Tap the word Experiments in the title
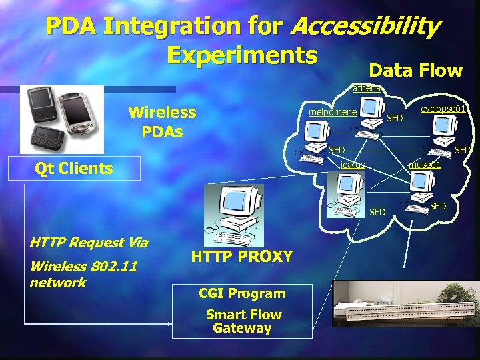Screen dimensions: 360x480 (x=242, y=55)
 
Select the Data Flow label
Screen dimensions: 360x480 (x=415, y=71)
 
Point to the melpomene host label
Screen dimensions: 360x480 (x=332, y=112)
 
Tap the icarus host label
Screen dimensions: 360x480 (x=353, y=165)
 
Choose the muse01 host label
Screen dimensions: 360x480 (x=425, y=165)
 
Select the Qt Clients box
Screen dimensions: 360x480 (x=74, y=168)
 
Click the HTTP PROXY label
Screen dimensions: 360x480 (x=241, y=257)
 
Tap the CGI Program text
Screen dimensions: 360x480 (x=241, y=293)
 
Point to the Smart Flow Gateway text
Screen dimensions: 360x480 (x=243, y=321)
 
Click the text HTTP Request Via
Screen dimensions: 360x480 (x=89, y=243)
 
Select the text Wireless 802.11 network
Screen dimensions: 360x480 (x=83, y=274)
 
